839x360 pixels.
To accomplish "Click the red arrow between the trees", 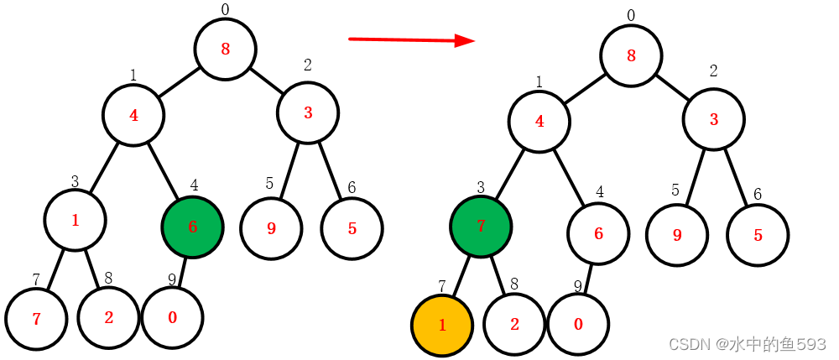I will pos(411,39).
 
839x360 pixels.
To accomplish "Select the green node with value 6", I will pos(192,227).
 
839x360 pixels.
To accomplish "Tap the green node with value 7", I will pos(481,227).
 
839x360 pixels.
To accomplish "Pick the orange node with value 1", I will pos(442,325).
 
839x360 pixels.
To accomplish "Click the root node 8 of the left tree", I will pos(225,49).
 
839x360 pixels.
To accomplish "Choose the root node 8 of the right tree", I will pos(631,56).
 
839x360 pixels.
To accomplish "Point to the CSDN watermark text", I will pos(747,344).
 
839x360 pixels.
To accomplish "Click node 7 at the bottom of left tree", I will pos(36,319).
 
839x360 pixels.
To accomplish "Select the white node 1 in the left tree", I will pos(76,221).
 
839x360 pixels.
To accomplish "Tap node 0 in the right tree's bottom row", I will pos(578,324).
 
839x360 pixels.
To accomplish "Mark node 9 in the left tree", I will pos(271,228).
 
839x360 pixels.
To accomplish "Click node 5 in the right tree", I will pos(758,235).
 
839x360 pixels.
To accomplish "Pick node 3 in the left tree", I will pos(308,113).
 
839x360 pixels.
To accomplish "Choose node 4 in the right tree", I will pos(539,121).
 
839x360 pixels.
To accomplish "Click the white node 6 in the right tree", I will pos(598,234).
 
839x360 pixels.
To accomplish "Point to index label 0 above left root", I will pos(225,9).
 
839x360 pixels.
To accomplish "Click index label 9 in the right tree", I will pos(578,287).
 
